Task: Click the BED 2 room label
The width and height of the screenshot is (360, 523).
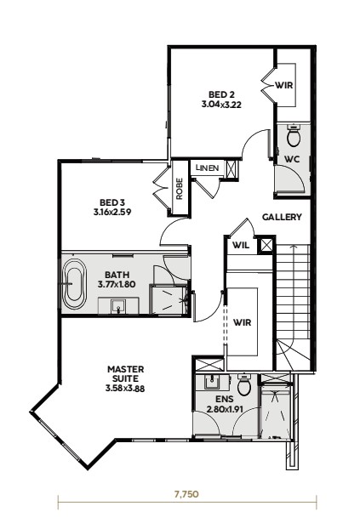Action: point(221,94)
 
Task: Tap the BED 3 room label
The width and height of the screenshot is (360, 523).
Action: point(112,202)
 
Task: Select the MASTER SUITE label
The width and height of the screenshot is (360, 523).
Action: point(125,374)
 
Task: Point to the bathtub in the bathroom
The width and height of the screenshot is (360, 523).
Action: point(75,284)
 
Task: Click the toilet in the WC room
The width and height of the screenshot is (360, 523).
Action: point(294,136)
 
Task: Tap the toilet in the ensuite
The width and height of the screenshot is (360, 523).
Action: point(244,385)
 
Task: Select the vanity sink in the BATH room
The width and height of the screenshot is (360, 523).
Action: point(118,306)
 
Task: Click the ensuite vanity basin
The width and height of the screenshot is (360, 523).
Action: point(212,382)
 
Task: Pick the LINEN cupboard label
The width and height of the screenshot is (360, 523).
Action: point(208,168)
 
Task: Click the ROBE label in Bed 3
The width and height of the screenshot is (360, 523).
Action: point(180,189)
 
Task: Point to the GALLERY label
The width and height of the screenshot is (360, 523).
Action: point(282,217)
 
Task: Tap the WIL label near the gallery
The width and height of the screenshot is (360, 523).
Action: point(241,246)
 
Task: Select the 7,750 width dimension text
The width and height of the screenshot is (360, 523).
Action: point(186,494)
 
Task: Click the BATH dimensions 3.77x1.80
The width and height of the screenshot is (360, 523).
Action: point(117,285)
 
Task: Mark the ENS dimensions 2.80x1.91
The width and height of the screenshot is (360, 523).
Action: point(225,409)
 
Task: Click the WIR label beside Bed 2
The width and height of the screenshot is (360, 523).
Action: point(284,85)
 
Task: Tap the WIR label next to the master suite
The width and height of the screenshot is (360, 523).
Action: point(242,323)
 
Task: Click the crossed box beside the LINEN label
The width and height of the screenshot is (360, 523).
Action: point(231,169)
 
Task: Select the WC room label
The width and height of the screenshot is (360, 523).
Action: point(292,159)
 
